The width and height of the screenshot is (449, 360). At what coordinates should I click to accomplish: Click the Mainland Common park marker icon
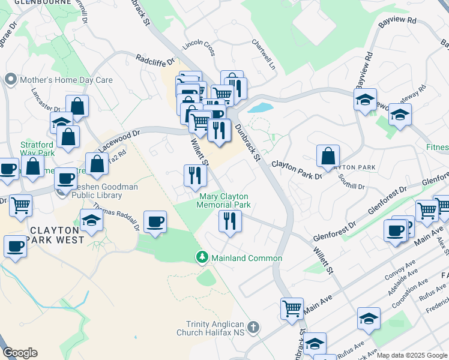[202, 258]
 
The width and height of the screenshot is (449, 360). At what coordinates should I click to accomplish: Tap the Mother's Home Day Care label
[66, 79]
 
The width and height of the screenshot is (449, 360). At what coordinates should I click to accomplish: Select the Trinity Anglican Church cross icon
[253, 328]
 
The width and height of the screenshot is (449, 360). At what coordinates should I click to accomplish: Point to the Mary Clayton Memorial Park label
[223, 200]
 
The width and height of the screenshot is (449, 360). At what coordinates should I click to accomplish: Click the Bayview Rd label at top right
[397, 20]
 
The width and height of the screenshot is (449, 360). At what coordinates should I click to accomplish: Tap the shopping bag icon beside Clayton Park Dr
[328, 157]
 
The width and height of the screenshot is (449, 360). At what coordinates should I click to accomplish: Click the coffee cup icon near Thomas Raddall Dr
[155, 222]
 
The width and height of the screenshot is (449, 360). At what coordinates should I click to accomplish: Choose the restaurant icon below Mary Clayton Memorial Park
[230, 221]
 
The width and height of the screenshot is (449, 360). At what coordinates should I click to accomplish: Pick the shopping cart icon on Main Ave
[292, 309]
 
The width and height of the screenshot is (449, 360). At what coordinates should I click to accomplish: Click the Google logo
[20, 353]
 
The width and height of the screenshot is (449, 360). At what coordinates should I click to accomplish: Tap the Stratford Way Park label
[38, 149]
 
